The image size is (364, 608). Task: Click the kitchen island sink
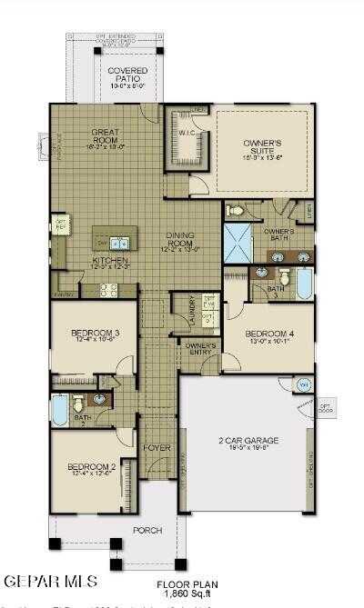119,243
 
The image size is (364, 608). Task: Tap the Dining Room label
181,240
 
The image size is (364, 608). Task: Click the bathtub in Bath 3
303,284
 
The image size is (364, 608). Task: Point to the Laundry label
192,311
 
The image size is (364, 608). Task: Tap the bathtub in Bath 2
60,409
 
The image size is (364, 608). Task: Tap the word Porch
147,530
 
